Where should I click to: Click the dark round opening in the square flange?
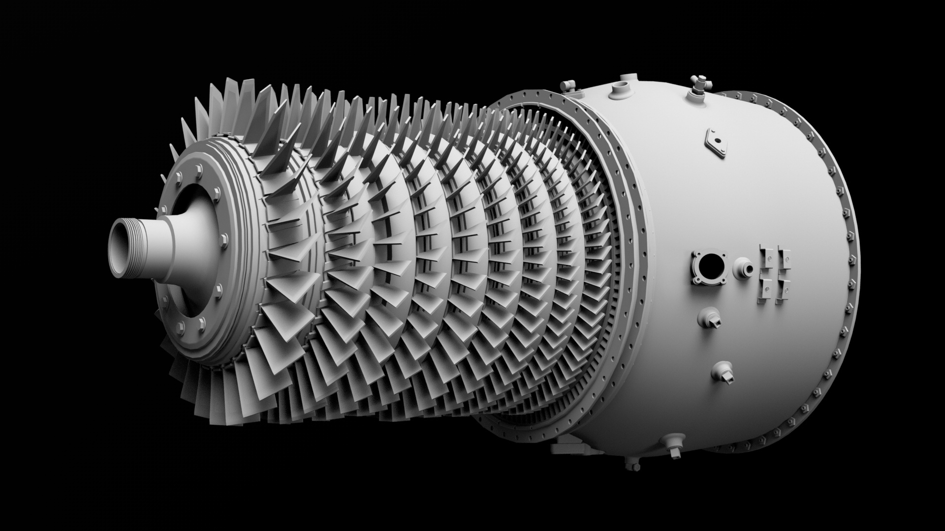pyautogui.click(x=708, y=267)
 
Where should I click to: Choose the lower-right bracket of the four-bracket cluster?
pyautogui.click(x=783, y=290)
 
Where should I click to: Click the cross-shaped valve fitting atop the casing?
pyautogui.click(x=698, y=87)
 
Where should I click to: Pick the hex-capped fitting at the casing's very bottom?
pyautogui.click(x=631, y=467)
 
